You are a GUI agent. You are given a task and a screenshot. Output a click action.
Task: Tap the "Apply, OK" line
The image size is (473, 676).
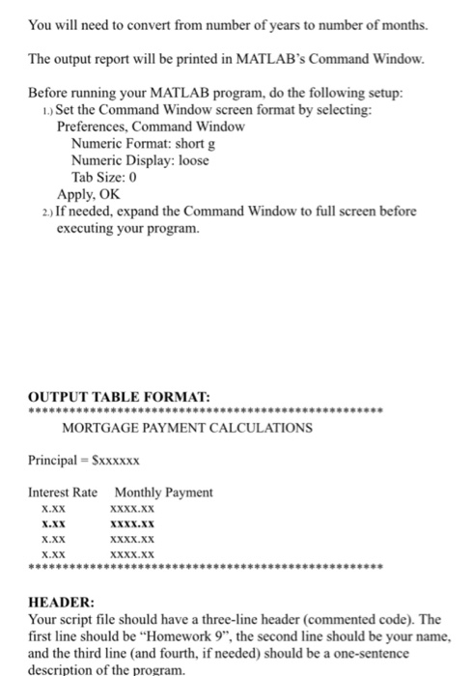pyautogui.click(x=93, y=193)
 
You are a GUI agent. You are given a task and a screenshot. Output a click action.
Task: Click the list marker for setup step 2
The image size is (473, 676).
pyautogui.click(x=34, y=211)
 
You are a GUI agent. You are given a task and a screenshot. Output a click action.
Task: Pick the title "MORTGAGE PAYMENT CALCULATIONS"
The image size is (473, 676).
pyautogui.click(x=186, y=426)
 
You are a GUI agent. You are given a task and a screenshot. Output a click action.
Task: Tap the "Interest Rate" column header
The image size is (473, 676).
pyautogui.click(x=63, y=492)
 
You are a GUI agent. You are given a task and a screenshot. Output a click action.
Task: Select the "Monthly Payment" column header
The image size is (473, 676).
pyautogui.click(x=163, y=492)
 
